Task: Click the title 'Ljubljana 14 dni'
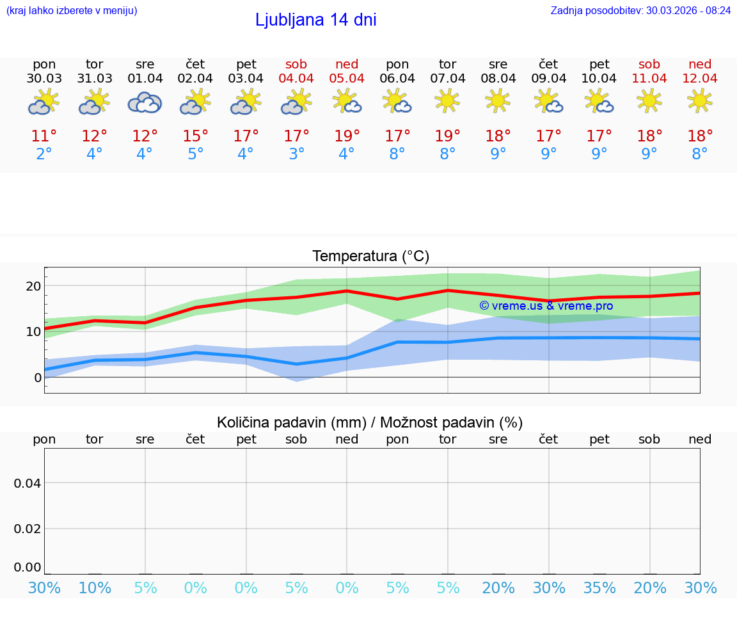[315, 20]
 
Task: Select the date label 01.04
[145, 79]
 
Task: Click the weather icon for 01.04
[145, 102]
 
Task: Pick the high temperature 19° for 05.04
[347, 136]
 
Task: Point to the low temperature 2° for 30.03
[44, 154]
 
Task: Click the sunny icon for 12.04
[700, 100]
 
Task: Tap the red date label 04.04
[296, 79]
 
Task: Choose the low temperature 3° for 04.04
[296, 154]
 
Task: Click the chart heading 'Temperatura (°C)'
[370, 257]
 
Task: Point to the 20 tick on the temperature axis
[34, 285]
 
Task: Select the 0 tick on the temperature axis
[38, 378]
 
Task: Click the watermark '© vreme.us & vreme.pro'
[546, 306]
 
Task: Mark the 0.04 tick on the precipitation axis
[28, 483]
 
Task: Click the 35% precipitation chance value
[599, 588]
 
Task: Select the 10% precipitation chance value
[95, 588]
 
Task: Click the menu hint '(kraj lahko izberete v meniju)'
[72, 10]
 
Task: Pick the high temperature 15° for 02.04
[196, 136]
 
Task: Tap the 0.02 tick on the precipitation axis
[28, 529]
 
